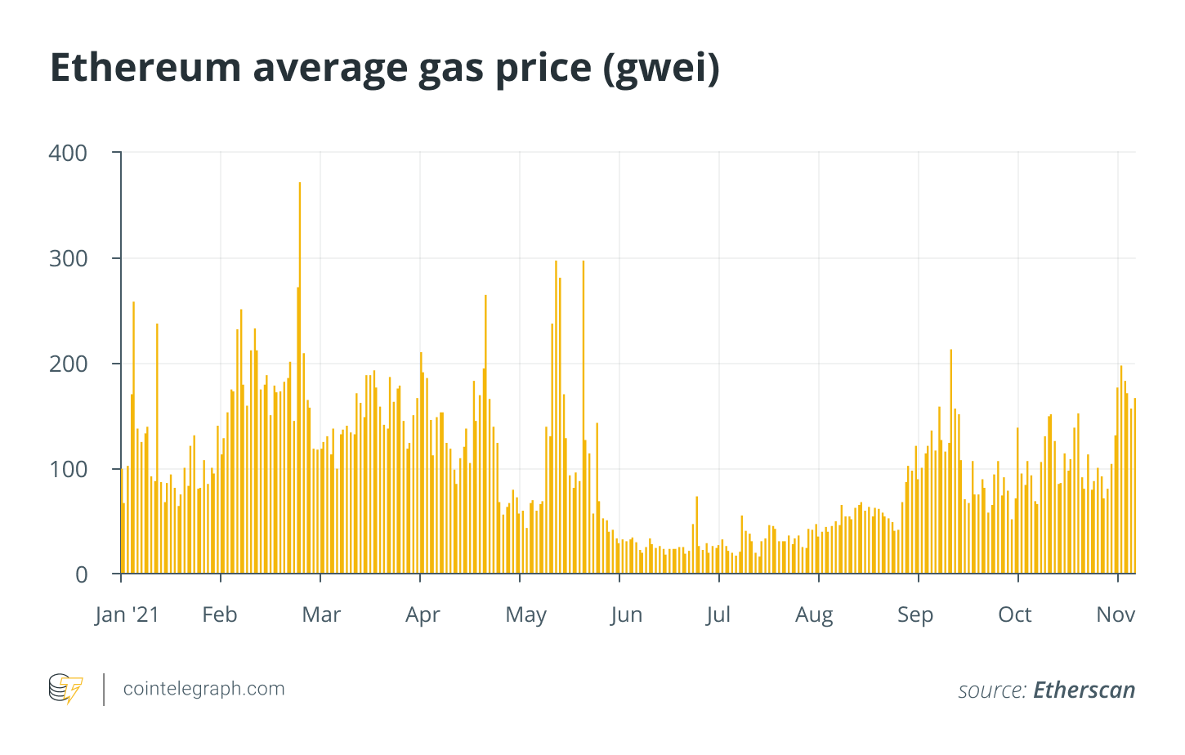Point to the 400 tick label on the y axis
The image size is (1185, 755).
click(x=68, y=153)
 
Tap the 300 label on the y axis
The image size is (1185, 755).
click(x=68, y=258)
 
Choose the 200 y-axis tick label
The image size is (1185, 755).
click(x=68, y=364)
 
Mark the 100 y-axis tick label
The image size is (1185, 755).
click(x=68, y=469)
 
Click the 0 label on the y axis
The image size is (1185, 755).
click(x=81, y=574)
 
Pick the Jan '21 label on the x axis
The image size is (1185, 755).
click(x=127, y=614)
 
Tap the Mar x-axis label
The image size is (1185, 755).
click(x=321, y=614)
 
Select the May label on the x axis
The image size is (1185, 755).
click(x=525, y=614)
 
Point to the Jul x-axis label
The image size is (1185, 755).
click(x=718, y=614)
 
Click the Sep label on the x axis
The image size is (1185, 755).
click(x=915, y=614)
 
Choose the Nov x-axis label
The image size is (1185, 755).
click(x=1116, y=614)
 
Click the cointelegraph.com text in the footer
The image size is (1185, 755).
click(x=203, y=689)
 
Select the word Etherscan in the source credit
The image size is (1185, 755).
click(x=1084, y=690)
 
